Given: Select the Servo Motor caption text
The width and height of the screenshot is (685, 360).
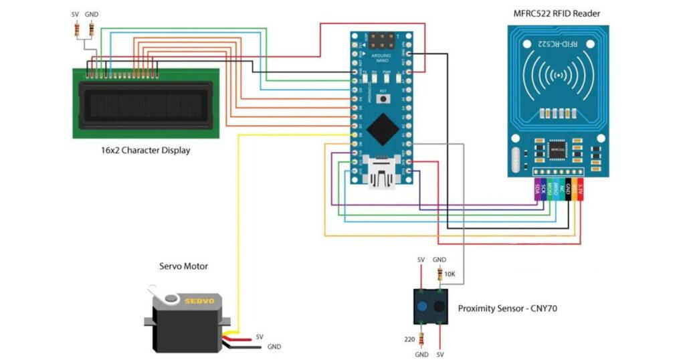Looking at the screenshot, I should [x=183, y=266].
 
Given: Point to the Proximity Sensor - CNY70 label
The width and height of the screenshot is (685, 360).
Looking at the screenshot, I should [x=507, y=308].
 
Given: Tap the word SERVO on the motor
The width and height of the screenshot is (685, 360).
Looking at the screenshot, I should [x=199, y=301].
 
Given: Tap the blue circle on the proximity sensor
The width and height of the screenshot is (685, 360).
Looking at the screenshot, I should [x=423, y=307].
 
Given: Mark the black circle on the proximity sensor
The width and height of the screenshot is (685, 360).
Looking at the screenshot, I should [x=439, y=307].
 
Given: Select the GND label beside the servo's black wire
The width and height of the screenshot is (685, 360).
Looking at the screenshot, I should [x=274, y=347].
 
